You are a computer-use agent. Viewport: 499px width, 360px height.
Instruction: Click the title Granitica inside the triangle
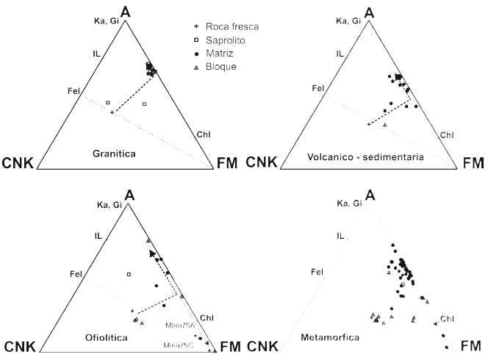tap(115, 154)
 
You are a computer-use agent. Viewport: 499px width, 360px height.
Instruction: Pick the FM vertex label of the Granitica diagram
tap(228, 163)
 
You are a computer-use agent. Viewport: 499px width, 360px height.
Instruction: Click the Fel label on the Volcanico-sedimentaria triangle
tap(318, 89)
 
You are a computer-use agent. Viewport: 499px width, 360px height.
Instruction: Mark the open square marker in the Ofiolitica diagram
tap(129, 274)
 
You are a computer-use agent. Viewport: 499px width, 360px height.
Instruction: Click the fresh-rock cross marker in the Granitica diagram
tap(112, 112)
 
